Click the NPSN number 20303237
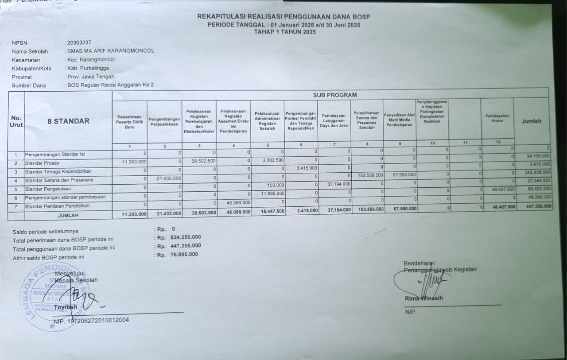point(79,43)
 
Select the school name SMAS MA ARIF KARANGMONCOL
point(111,51)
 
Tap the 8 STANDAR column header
point(68,121)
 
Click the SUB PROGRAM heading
point(334,95)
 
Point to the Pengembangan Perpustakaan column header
point(164,122)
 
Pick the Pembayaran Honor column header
point(497,118)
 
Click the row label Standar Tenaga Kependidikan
point(58,171)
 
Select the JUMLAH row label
point(68,215)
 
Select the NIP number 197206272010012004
point(97,320)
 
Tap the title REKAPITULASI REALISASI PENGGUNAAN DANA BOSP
point(283,17)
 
